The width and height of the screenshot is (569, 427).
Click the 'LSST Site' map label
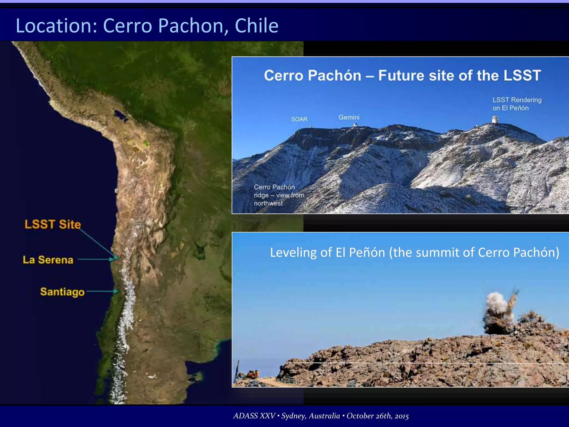pyautogui.click(x=53, y=224)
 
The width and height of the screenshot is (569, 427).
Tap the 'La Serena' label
pyautogui.click(x=48, y=260)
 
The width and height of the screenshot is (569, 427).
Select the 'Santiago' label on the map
pyautogui.click(x=62, y=292)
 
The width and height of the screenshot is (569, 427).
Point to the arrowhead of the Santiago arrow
pyautogui.click(x=116, y=291)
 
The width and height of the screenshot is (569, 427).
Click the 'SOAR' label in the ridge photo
pyautogui.click(x=299, y=119)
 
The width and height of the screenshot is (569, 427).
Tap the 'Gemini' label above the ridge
pyautogui.click(x=349, y=117)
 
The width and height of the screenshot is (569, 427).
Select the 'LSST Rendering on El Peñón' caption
pyautogui.click(x=517, y=104)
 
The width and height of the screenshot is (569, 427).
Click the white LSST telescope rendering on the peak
pyautogui.click(x=495, y=120)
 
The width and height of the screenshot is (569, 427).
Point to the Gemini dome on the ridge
pyautogui.click(x=355, y=125)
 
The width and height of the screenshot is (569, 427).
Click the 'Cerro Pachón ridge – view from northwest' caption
pyautogui.click(x=279, y=195)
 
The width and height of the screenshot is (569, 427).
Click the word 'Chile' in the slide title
pyautogui.click(x=256, y=26)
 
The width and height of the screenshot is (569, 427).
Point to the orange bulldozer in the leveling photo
pyautogui.click(x=253, y=374)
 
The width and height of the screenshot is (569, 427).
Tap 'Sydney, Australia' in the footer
pyautogui.click(x=311, y=416)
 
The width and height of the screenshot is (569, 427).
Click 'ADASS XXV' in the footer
pyautogui.click(x=254, y=416)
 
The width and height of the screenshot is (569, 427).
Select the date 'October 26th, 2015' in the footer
pyautogui.click(x=378, y=416)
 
